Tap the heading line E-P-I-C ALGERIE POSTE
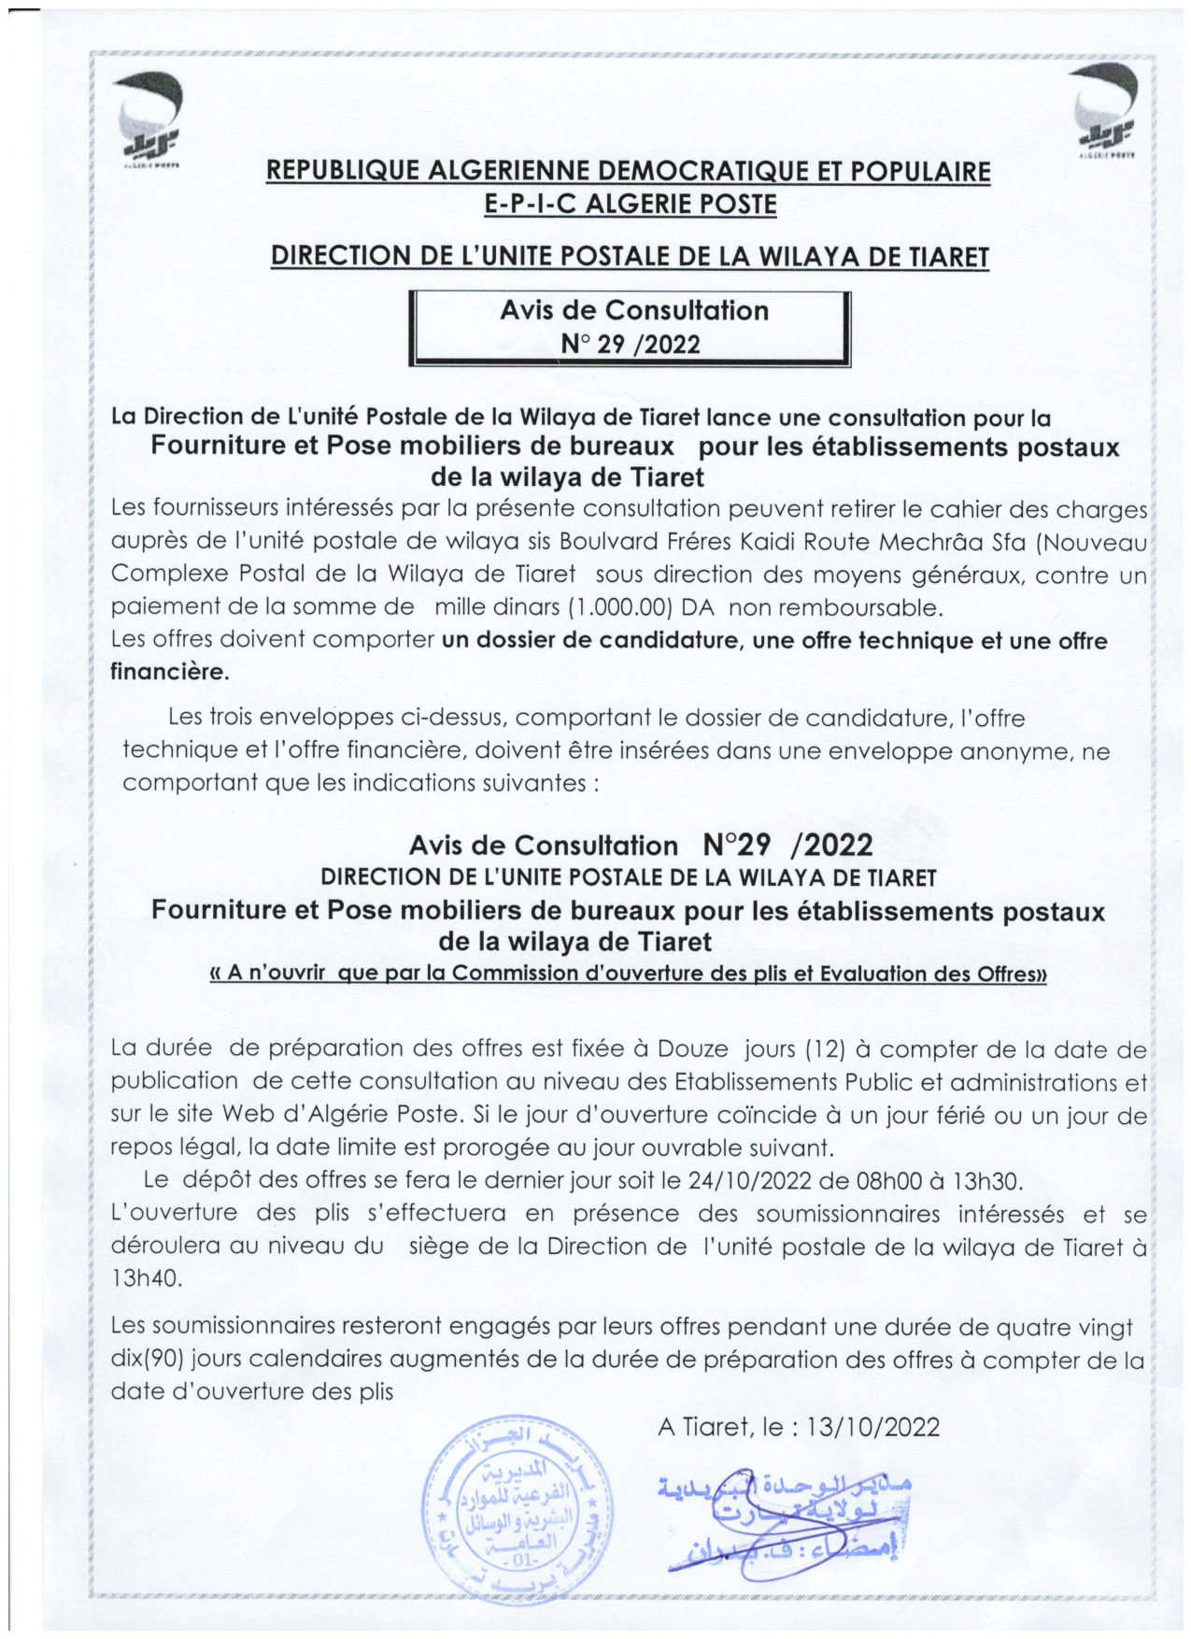click(631, 204)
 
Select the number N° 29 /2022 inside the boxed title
click(631, 344)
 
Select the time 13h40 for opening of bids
click(146, 1278)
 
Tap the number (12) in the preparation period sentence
click(825, 1048)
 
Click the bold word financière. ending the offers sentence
click(169, 671)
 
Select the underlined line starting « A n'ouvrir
click(629, 973)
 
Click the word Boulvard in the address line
click(612, 542)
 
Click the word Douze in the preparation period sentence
click(692, 1048)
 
